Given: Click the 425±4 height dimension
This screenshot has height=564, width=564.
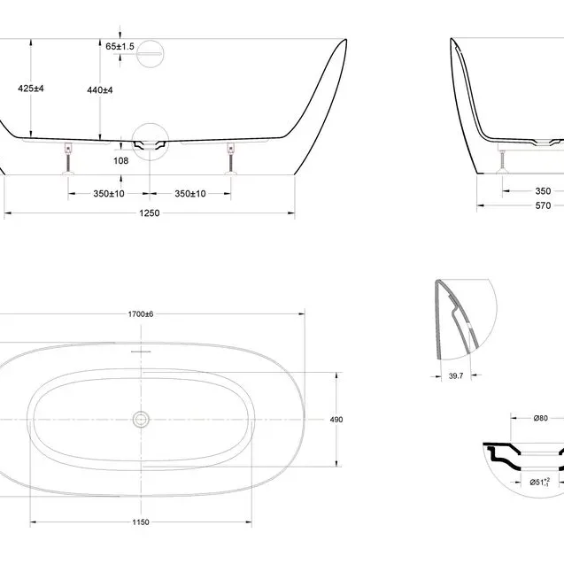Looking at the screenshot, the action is (x=31, y=89).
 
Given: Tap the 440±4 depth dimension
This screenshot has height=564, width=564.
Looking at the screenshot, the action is (x=100, y=90).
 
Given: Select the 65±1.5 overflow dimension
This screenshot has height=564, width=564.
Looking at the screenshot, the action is (x=120, y=46).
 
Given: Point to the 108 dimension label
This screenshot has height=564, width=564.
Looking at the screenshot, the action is (x=120, y=161).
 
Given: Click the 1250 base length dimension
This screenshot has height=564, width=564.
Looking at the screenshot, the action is (x=150, y=212).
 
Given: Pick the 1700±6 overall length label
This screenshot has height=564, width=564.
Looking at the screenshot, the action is (x=141, y=314).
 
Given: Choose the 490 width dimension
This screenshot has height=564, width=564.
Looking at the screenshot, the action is (x=336, y=420).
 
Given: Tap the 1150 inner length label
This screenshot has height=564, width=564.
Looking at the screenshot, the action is (x=141, y=522).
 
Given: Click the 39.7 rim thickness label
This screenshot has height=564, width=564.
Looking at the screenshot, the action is (x=456, y=376).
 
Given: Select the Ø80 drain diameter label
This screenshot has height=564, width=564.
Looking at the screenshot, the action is (x=541, y=418).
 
